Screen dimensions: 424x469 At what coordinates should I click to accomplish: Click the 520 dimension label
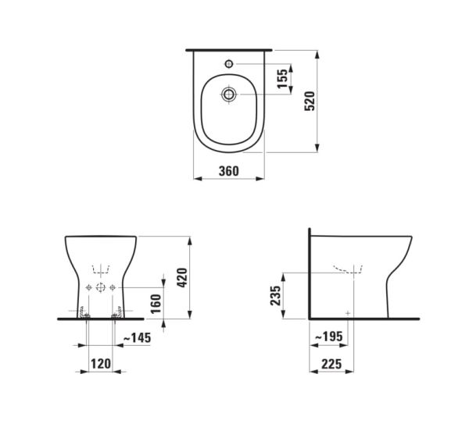tap(310, 100)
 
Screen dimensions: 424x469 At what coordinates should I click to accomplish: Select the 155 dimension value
tap(282, 79)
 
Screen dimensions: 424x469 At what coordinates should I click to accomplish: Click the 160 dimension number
tap(156, 304)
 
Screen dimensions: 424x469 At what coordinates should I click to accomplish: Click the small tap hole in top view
tap(229, 61)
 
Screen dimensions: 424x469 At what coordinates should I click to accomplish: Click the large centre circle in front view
tap(101, 288)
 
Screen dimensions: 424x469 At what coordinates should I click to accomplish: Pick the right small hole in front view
tap(114, 288)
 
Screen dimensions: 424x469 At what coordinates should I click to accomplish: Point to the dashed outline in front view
tap(101, 270)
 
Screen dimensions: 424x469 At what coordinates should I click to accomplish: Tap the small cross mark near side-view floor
tap(348, 312)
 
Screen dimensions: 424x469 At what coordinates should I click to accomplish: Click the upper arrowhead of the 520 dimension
tap(317, 55)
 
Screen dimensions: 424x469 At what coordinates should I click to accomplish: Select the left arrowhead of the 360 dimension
tap(196, 179)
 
